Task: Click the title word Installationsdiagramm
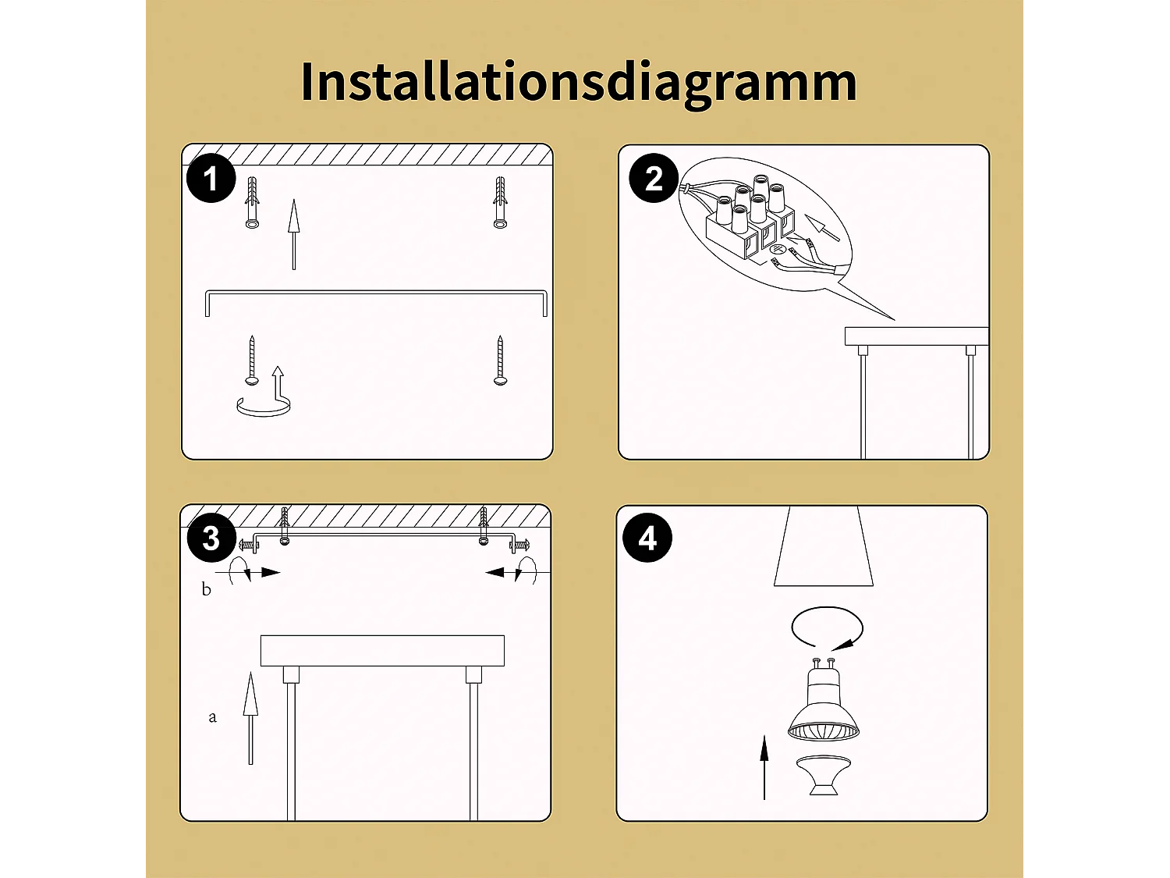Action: (579, 82)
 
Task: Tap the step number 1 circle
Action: (211, 178)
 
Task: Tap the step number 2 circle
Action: (654, 178)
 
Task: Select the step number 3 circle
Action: (211, 538)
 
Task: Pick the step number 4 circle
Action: (647, 538)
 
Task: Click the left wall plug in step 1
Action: (252, 203)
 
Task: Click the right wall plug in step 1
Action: (500, 203)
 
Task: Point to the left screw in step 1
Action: (252, 361)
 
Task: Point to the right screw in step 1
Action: (500, 361)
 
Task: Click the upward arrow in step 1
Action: (293, 234)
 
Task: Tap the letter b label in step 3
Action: (206, 589)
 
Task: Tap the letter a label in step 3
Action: (212, 716)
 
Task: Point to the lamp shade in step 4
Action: (823, 546)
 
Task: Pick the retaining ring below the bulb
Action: (823, 775)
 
